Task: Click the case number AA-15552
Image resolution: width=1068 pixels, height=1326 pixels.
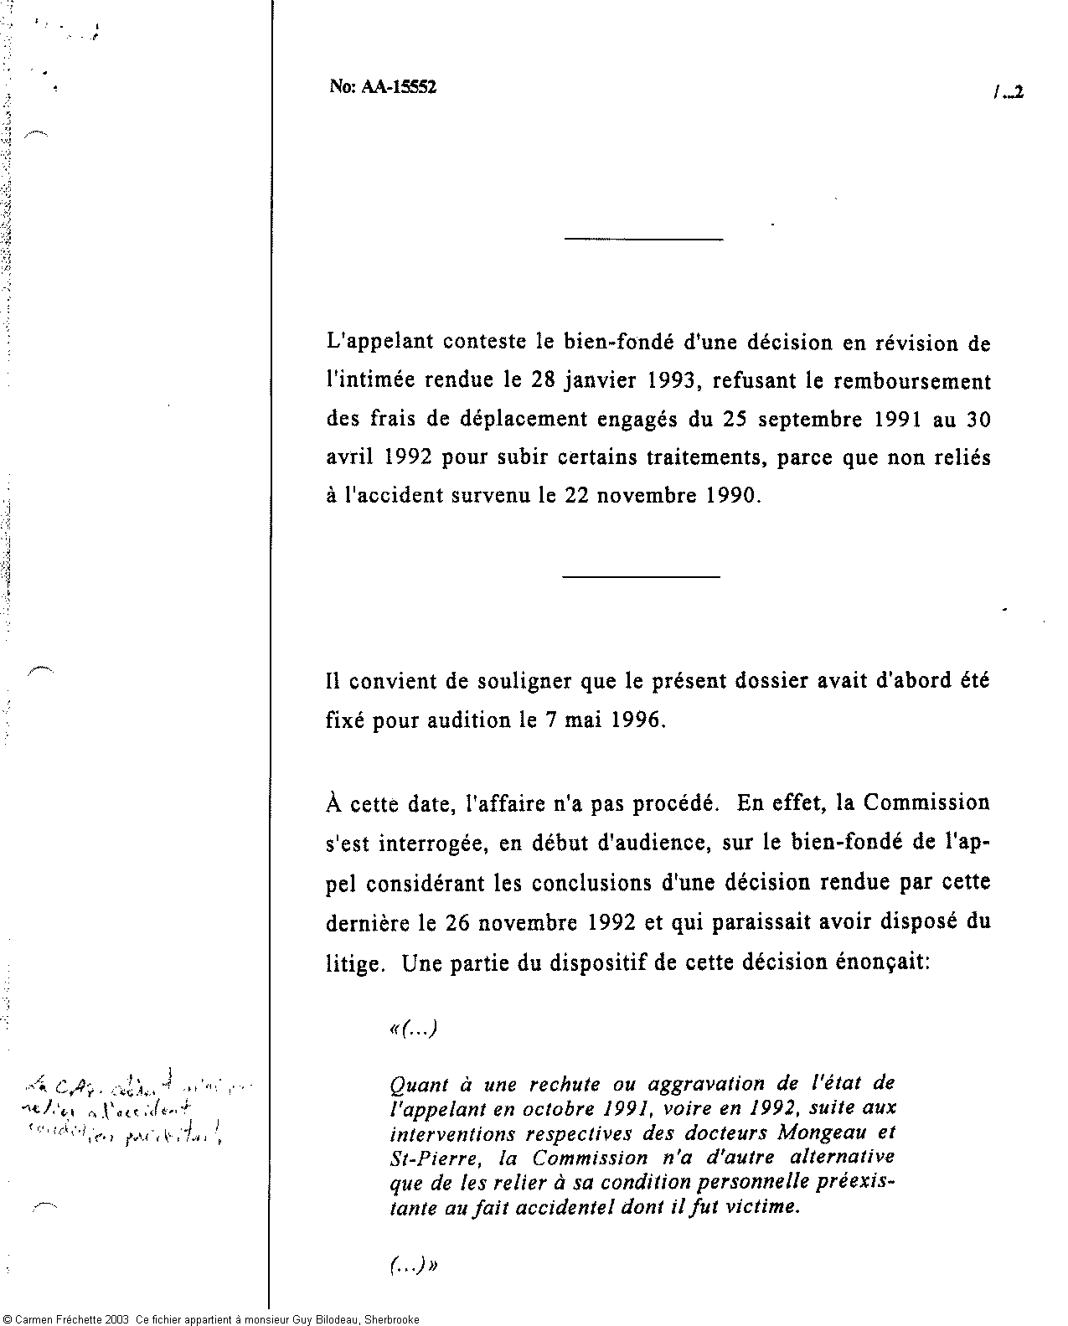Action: pos(399,87)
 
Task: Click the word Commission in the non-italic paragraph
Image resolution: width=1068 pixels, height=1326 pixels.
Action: pos(926,802)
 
